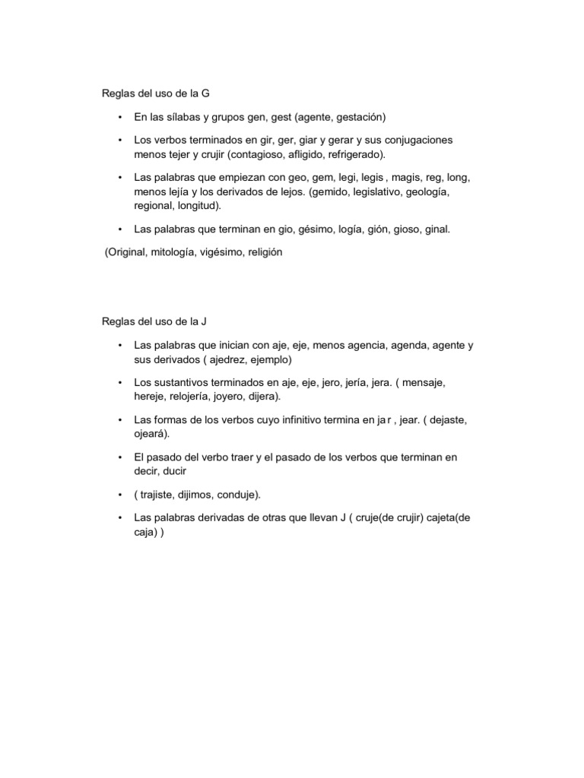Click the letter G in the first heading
pos(205,93)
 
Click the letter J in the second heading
pos(204,321)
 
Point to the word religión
pos(261,252)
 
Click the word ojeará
pos(150,432)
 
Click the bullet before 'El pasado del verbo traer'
pos(120,457)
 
